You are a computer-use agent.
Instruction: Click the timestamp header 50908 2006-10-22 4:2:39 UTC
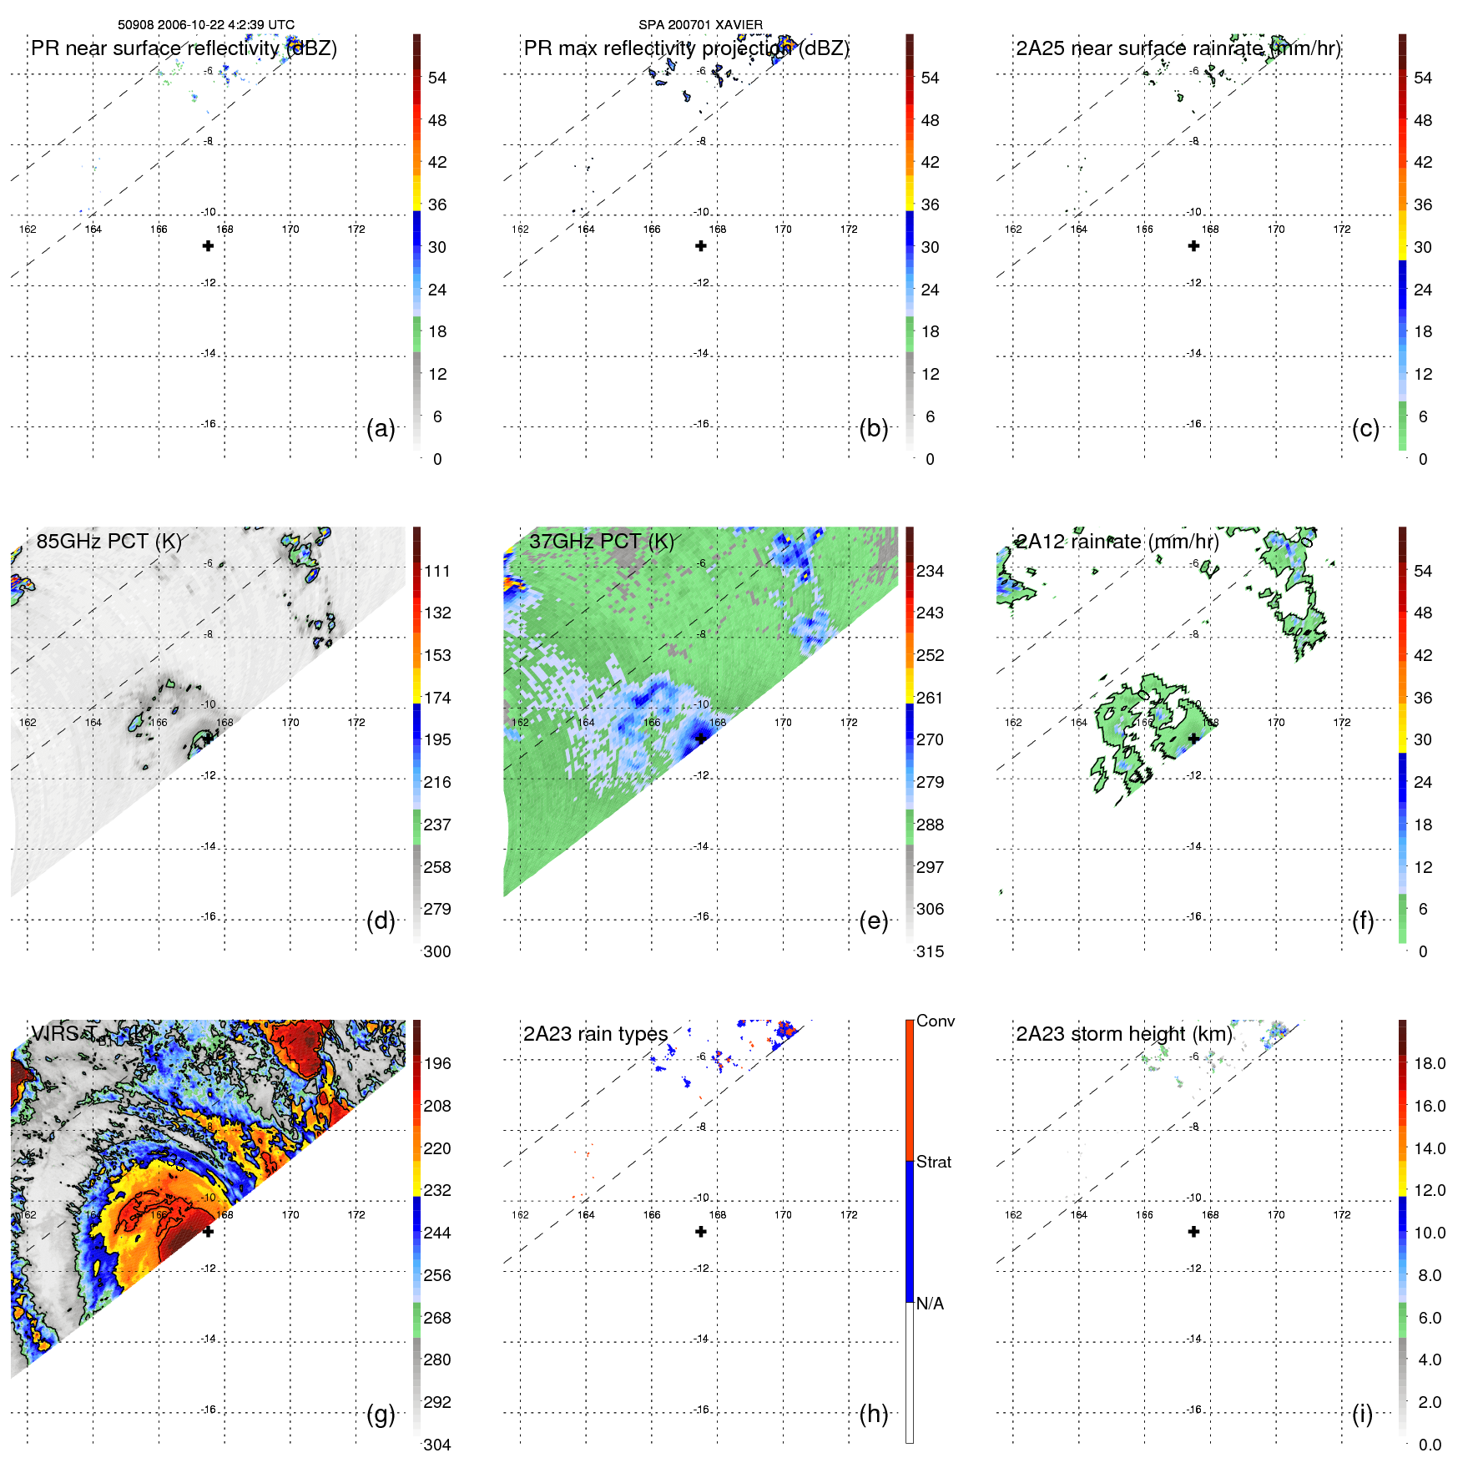[206, 25]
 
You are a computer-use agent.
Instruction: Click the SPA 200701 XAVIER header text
[700, 25]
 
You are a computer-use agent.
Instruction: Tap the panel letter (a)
[381, 428]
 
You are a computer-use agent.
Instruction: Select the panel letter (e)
[873, 921]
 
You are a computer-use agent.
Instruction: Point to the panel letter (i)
[1362, 1414]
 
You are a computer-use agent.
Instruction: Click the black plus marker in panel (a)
[208, 246]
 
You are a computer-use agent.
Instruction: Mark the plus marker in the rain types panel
[701, 1232]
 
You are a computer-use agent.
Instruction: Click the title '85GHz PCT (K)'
[108, 542]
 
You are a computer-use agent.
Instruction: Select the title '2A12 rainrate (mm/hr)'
[1117, 542]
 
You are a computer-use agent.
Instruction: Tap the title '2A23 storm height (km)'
[1123, 1034]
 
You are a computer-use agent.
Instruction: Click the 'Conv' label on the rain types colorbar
[935, 1021]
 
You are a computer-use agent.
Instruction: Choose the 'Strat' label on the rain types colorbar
[933, 1162]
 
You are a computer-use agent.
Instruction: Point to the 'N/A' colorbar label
[930, 1304]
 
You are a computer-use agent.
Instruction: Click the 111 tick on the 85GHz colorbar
[437, 571]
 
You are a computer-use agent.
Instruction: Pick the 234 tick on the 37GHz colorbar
[930, 571]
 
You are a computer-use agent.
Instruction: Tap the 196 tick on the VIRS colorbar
[437, 1063]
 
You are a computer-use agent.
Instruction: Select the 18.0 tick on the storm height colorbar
[1430, 1063]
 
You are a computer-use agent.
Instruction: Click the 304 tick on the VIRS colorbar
[437, 1445]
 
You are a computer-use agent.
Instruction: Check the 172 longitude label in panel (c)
[1342, 229]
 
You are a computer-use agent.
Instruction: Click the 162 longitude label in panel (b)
[520, 229]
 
